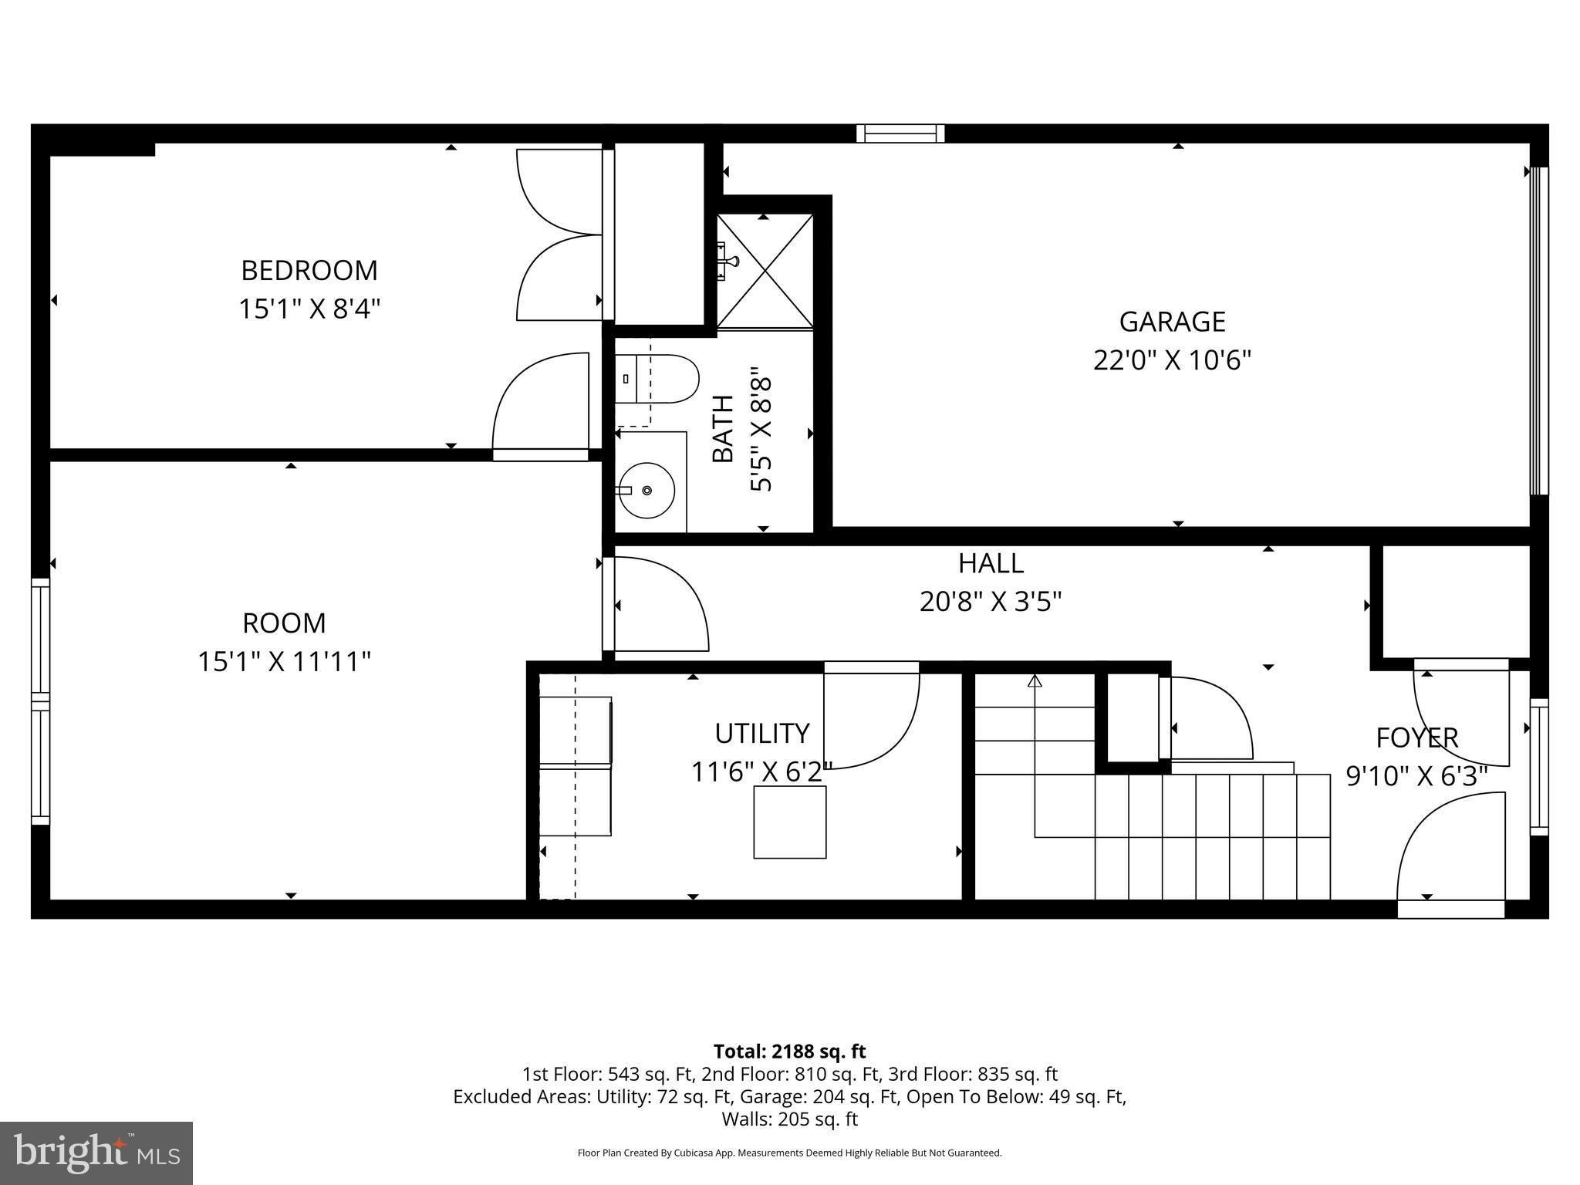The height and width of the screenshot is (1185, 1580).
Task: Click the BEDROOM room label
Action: (309, 271)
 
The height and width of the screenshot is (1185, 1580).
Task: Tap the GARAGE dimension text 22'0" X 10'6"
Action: (1171, 360)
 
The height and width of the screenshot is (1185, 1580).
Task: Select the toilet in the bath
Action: (657, 379)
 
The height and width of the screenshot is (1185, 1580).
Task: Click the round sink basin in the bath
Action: (647, 490)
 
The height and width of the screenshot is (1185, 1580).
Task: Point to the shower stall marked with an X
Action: (765, 271)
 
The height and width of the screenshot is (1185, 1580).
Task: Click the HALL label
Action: (991, 564)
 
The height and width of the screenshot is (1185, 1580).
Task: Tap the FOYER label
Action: (1416, 738)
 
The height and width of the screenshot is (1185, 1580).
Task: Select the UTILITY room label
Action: (761, 734)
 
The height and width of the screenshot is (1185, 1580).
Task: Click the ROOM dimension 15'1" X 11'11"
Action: (284, 662)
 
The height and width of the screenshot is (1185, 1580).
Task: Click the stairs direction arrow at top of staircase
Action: (1035, 681)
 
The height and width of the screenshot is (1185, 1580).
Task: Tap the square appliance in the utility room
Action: (789, 822)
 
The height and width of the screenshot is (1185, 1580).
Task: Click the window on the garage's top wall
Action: (900, 133)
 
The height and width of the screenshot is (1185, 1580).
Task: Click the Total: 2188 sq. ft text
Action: (789, 1052)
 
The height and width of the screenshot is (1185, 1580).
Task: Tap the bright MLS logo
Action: (96, 1153)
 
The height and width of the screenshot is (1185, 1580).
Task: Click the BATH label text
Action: (723, 429)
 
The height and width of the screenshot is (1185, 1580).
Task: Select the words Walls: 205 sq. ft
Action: (789, 1119)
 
